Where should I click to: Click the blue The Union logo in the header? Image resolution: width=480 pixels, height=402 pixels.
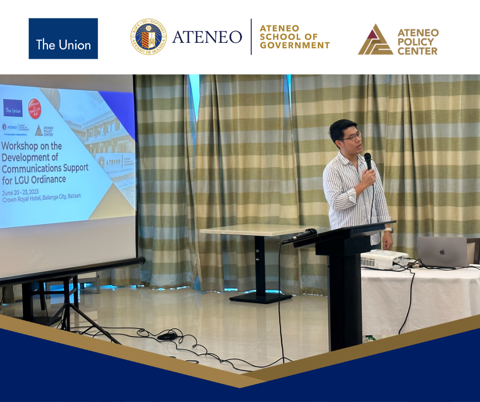tap(63, 39)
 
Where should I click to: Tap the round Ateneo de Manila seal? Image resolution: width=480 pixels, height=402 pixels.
tap(148, 37)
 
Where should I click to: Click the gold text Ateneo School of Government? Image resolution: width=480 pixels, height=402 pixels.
tap(295, 37)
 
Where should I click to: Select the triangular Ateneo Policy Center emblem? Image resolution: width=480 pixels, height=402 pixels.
tap(375, 41)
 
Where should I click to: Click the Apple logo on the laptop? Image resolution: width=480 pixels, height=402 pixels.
tap(442, 252)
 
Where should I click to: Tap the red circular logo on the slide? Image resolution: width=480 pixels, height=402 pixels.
tap(34, 109)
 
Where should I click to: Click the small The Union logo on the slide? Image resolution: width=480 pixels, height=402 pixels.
tap(13, 108)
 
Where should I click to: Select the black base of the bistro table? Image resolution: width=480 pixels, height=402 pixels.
tap(260, 297)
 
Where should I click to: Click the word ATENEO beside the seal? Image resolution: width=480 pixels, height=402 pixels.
tap(207, 37)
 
